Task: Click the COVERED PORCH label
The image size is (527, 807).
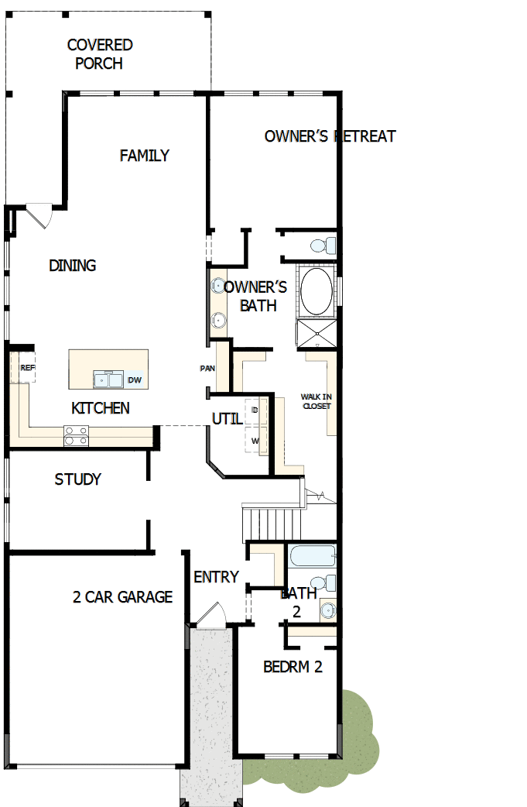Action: [x=99, y=54]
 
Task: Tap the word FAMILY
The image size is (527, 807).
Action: [x=144, y=156]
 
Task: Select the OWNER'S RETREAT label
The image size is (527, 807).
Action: [x=330, y=136]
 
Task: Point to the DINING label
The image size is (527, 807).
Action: [x=73, y=266]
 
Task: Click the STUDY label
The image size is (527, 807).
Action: [x=77, y=479]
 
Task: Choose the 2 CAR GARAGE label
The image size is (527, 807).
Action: [x=122, y=597]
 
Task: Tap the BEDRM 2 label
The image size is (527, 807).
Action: [x=293, y=666]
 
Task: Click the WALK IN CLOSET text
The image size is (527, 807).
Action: [x=317, y=401]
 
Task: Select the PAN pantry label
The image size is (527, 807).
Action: [x=207, y=368]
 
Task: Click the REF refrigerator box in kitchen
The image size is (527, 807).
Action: [x=28, y=368]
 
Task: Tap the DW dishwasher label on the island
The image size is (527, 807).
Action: [x=135, y=379]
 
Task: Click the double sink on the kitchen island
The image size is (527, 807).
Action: [x=108, y=379]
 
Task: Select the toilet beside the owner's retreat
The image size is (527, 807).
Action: [x=321, y=246]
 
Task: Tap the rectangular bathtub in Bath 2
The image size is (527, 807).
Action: [x=312, y=557]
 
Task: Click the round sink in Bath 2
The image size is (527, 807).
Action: [x=327, y=611]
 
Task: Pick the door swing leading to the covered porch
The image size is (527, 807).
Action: [x=39, y=215]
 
